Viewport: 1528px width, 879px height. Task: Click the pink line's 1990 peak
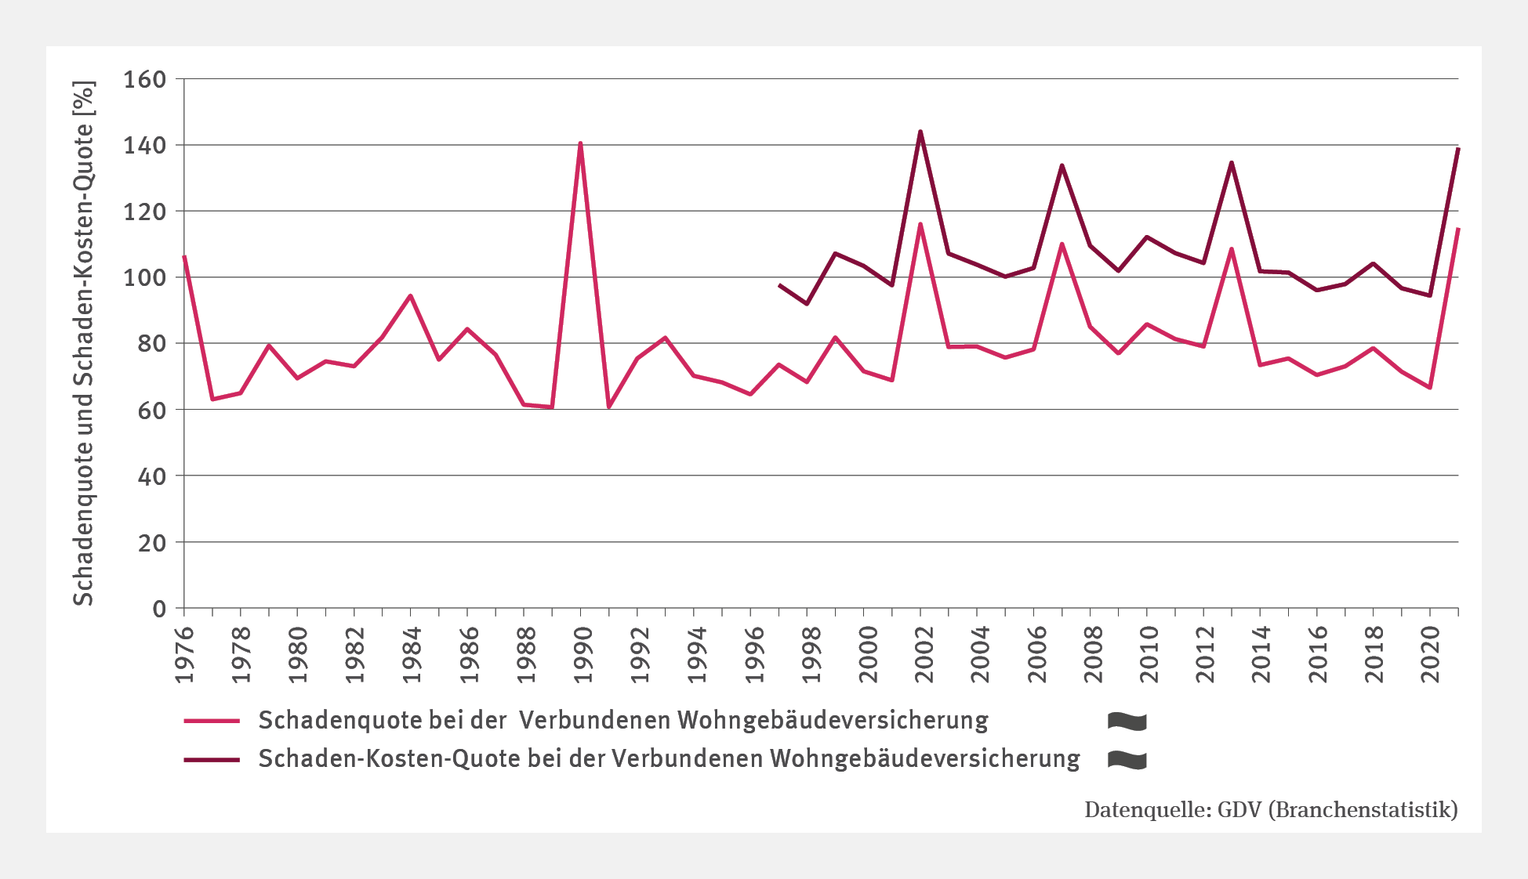[x=580, y=143]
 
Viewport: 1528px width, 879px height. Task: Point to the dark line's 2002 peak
[x=920, y=132]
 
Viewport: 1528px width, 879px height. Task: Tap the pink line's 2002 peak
[x=920, y=224]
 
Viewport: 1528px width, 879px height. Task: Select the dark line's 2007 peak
[x=1062, y=165]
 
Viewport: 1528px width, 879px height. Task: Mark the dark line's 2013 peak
[x=1232, y=163]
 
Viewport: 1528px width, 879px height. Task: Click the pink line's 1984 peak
[x=410, y=296]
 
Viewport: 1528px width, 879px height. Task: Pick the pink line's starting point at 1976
[x=184, y=256]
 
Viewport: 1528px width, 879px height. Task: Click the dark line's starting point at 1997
[x=779, y=285]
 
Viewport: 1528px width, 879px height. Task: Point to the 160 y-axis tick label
[x=145, y=79]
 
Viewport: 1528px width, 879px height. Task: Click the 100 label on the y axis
[x=145, y=277]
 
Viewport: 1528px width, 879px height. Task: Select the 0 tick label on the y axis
[x=159, y=609]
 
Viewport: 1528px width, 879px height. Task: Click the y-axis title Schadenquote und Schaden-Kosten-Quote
[x=83, y=343]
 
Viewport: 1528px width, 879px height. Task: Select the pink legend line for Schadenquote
[x=212, y=721]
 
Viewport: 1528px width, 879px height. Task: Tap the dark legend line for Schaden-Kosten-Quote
[x=212, y=759]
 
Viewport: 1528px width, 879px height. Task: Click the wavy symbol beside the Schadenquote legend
[x=1127, y=722]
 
